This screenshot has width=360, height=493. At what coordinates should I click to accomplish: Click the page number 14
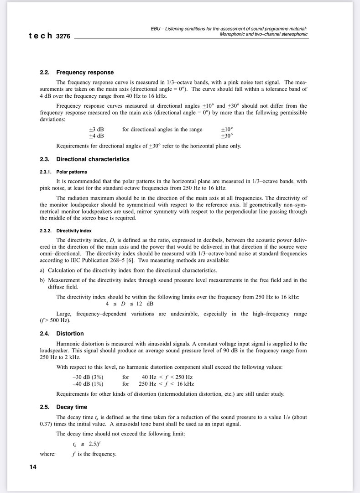(33, 467)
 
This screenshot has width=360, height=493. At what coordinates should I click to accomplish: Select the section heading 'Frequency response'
(85, 72)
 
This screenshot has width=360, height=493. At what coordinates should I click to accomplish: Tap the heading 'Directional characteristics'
(93, 159)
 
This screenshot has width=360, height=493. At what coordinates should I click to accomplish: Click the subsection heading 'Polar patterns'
(71, 172)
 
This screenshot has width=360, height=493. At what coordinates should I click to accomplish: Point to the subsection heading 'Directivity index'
(74, 231)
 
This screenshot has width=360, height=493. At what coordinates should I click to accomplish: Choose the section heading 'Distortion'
(70, 334)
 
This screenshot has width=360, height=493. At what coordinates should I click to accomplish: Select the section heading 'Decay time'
(72, 407)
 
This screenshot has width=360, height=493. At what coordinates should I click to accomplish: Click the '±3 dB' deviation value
(96, 130)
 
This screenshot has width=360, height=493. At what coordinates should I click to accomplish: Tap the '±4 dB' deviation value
(96, 136)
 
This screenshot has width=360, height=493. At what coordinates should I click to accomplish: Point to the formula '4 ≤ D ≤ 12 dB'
(130, 304)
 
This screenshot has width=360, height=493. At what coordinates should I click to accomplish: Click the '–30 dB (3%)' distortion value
(88, 378)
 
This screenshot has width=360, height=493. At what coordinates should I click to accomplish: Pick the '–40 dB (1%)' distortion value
(88, 384)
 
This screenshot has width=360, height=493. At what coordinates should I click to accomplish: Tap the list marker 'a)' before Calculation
(42, 270)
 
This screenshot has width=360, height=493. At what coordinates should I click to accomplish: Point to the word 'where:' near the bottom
(48, 454)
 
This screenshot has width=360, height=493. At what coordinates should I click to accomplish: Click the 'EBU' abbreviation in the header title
(156, 28)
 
